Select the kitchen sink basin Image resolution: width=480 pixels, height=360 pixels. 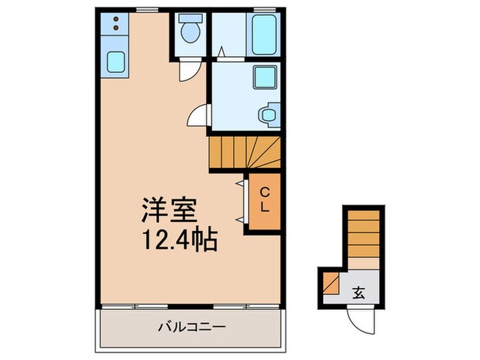[116, 63]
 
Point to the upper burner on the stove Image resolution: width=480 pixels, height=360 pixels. [115, 19]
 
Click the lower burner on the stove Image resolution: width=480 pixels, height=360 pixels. [115, 28]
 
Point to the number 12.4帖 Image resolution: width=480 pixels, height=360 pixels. [180, 240]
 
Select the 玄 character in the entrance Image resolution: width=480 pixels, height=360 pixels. [359, 294]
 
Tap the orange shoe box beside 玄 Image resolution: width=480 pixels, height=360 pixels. [331, 283]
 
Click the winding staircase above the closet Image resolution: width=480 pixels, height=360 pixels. [245, 151]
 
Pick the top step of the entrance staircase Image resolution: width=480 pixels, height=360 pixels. [363, 215]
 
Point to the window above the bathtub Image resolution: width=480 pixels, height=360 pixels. [261, 10]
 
